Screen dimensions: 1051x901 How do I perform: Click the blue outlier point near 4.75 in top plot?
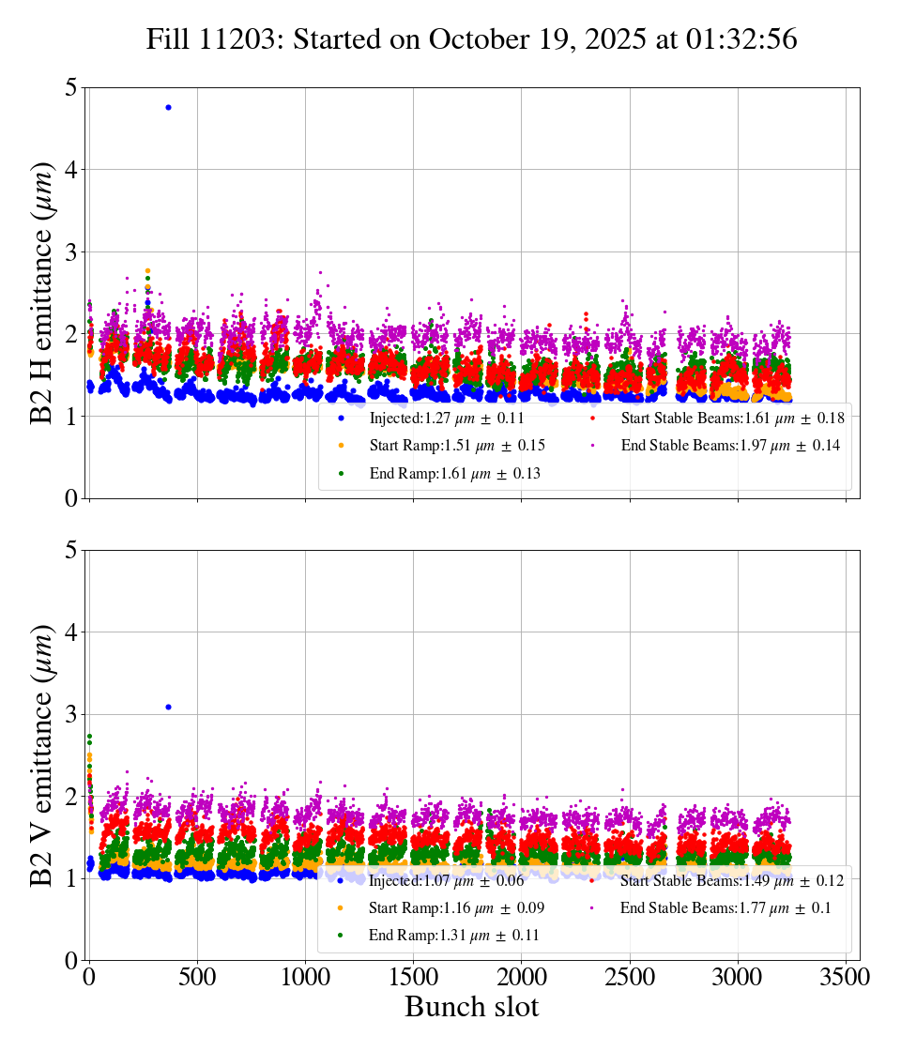coord(168,107)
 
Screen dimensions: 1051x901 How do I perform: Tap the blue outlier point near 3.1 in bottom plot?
coord(168,707)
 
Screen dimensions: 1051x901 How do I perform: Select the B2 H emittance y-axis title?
coord(42,294)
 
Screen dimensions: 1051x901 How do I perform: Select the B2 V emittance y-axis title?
coord(42,755)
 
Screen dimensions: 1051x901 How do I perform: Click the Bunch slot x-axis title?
coord(472,1007)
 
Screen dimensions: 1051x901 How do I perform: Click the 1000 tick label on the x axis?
coord(305,977)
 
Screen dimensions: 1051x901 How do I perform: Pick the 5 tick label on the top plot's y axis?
coord(70,88)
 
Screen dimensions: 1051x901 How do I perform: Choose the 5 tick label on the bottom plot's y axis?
coord(70,550)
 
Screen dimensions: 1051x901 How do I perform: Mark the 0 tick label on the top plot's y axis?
coord(70,498)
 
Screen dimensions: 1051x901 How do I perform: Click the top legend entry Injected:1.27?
coord(447,418)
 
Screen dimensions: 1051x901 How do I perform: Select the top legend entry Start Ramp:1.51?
coord(457,445)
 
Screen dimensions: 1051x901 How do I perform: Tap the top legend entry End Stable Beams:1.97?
coord(730,445)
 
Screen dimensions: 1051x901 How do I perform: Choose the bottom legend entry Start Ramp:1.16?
coord(457,907)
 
